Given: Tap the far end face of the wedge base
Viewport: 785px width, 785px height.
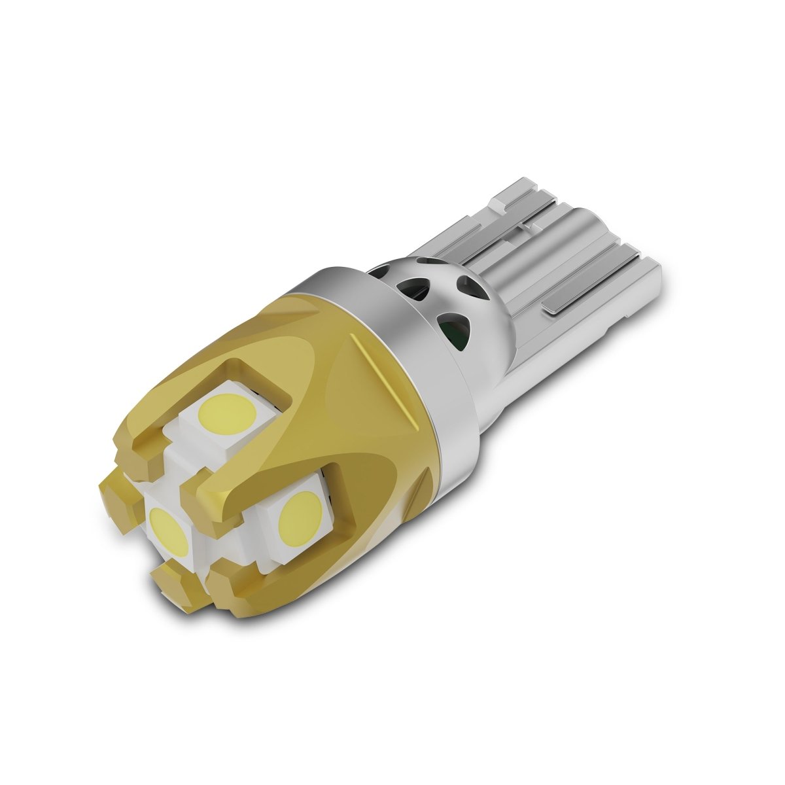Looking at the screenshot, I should click(654, 288).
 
